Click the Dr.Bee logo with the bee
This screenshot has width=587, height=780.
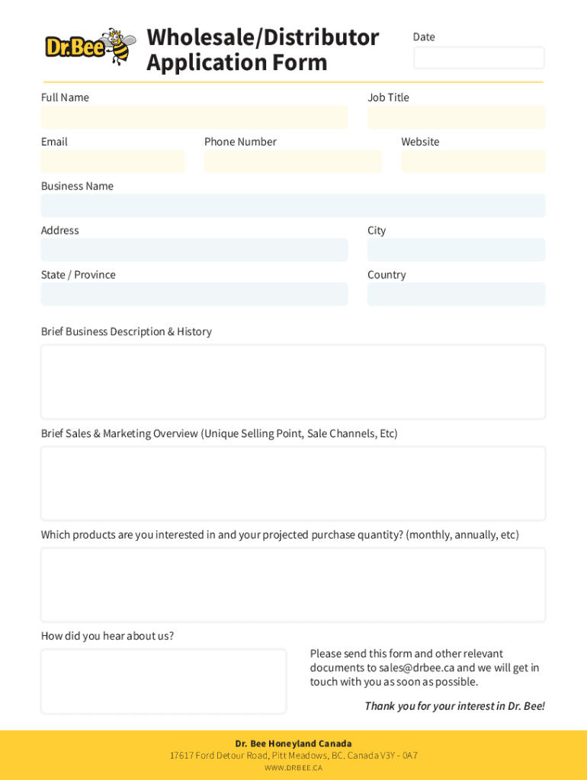tap(90, 47)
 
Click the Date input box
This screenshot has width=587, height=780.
tap(479, 58)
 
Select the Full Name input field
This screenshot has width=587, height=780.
tap(194, 117)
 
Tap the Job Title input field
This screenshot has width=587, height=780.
tap(456, 117)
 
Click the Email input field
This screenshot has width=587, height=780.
tap(113, 161)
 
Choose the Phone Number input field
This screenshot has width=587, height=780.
tap(293, 161)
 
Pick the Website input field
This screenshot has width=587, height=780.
tap(473, 161)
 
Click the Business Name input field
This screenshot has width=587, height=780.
tap(293, 206)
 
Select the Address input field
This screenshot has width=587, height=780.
tap(194, 250)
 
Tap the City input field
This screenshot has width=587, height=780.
tap(456, 250)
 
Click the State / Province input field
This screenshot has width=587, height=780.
tap(194, 294)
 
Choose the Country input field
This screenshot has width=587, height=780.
tap(456, 294)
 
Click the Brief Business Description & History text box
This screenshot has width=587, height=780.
tap(293, 382)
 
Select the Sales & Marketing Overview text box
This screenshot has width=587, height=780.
tap(293, 484)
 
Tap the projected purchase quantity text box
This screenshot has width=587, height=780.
tap(293, 585)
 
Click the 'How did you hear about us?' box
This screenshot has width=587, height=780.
tap(163, 681)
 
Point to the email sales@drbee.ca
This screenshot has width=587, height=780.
tap(416, 668)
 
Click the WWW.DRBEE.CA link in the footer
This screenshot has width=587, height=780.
tap(293, 768)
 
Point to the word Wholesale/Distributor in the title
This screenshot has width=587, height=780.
tap(262, 37)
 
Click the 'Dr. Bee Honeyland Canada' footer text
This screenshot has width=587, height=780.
tap(293, 743)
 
